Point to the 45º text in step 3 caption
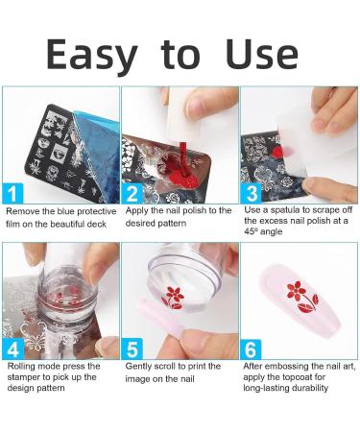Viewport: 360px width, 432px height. [252, 231]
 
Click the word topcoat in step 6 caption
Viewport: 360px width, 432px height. [299, 376]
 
